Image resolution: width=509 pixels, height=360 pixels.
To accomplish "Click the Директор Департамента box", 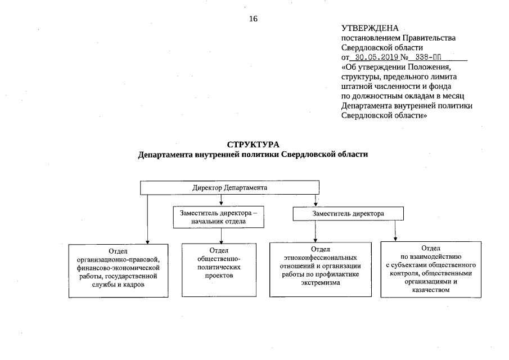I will (229, 187).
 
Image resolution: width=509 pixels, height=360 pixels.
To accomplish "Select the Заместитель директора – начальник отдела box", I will (218, 217).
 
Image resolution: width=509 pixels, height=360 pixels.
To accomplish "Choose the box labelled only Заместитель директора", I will (348, 214).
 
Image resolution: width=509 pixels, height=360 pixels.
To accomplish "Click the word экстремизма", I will (320, 283).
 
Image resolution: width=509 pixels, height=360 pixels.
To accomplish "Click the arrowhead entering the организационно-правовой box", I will (147, 242).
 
